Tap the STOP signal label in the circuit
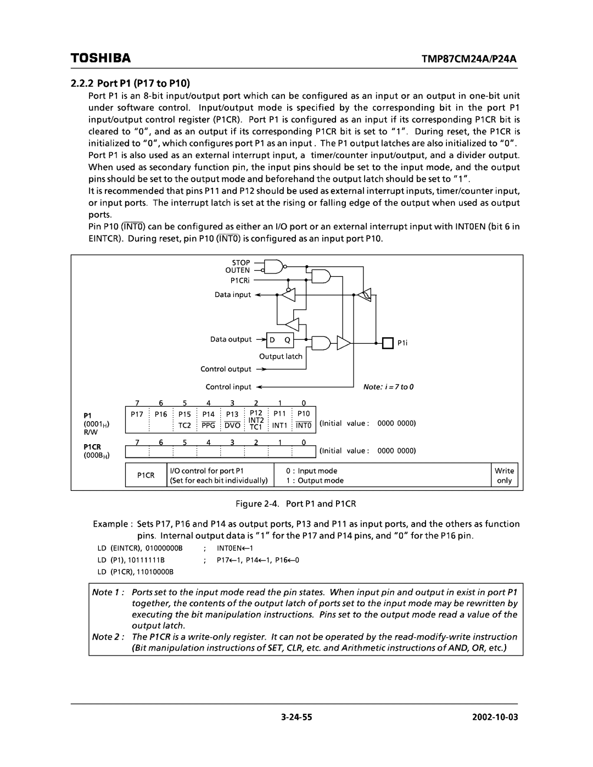[x=240, y=263]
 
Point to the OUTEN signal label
[x=237, y=271]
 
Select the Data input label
[x=232, y=295]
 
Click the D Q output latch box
[x=279, y=340]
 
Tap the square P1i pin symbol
[x=388, y=343]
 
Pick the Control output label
[x=226, y=369]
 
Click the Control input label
[x=228, y=387]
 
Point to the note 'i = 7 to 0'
[x=387, y=387]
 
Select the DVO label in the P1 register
[x=232, y=426]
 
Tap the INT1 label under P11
[x=279, y=426]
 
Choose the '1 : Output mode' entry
[x=315, y=480]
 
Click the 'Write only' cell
[x=504, y=475]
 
